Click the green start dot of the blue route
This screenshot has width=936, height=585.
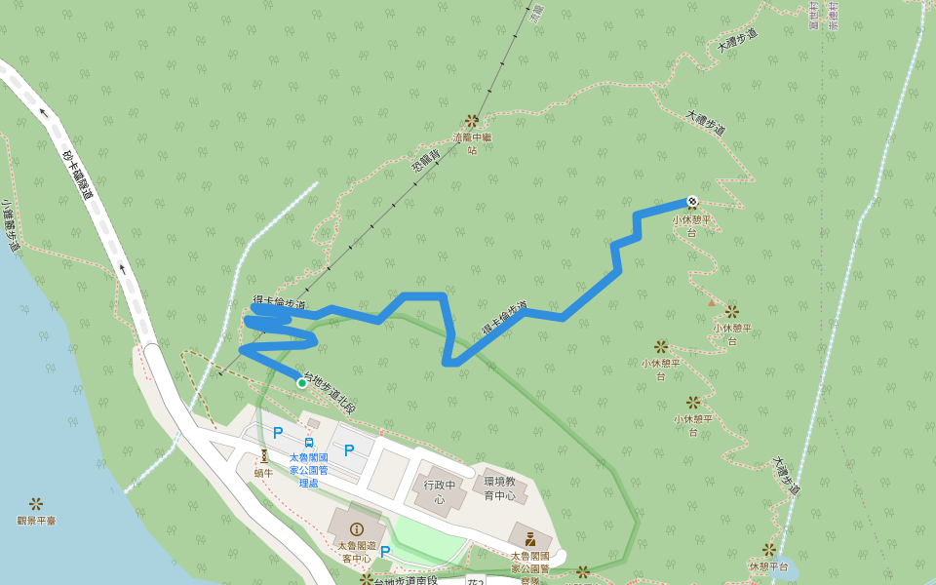302,383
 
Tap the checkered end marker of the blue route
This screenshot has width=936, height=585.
692,201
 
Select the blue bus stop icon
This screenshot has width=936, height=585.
309,442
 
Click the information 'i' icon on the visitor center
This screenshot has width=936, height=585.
356,529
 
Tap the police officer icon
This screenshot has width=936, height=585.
530,538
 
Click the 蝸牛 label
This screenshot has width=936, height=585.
263,473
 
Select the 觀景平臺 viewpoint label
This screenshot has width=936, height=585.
36,521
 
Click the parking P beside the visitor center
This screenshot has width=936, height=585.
385,552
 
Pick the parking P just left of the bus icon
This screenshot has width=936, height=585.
278,432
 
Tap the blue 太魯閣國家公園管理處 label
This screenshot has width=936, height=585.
309,469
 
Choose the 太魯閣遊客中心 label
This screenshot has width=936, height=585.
355,552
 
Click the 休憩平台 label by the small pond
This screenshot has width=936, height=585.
768,565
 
